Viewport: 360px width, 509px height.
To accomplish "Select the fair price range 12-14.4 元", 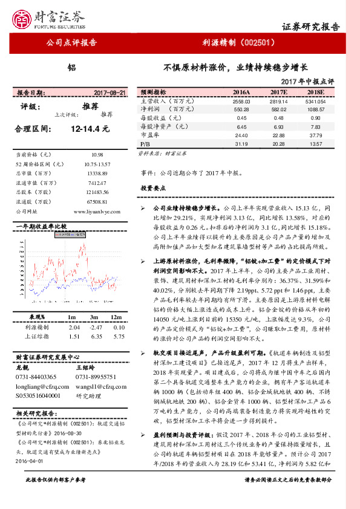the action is coord(90,129).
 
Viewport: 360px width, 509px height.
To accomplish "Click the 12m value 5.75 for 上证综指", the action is coord(119,336).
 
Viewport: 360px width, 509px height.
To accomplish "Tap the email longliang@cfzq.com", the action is coord(37,385).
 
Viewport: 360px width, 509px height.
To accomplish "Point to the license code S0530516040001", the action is coord(38,394).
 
